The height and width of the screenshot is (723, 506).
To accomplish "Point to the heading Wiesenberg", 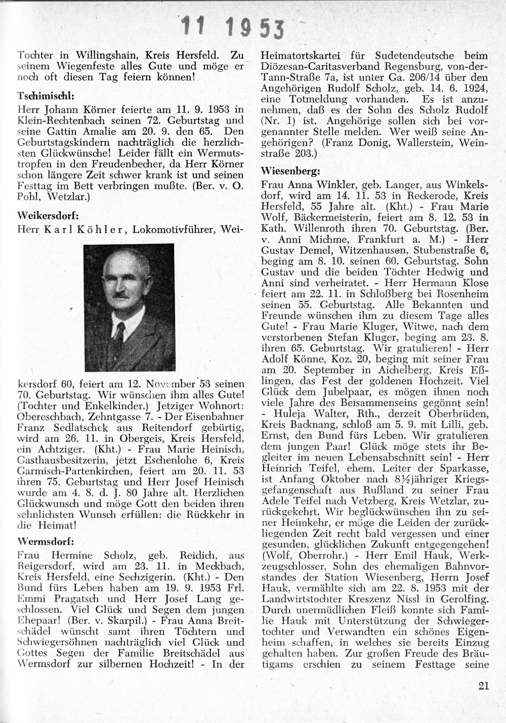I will (x=291, y=171).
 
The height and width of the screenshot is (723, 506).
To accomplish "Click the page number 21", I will (x=483, y=686).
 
